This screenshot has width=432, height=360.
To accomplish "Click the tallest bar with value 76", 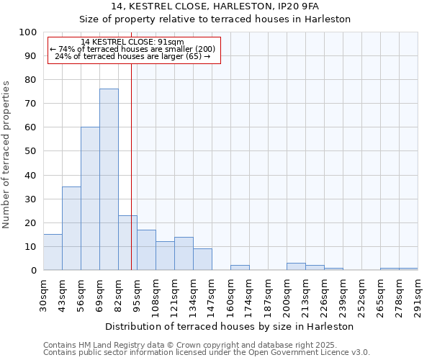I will (x=109, y=179).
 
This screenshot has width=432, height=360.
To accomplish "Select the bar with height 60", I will (x=90, y=199).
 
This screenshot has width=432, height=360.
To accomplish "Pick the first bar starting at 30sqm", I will (x=53, y=252).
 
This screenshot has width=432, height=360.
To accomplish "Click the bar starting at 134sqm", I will (x=202, y=259).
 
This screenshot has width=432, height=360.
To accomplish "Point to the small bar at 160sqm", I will (x=240, y=268).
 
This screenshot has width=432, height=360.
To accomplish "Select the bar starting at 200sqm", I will (x=296, y=266).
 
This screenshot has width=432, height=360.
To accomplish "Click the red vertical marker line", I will (x=131, y=166).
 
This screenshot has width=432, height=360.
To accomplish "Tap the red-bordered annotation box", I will (x=133, y=50).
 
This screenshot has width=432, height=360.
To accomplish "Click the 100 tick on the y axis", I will (x=28, y=32).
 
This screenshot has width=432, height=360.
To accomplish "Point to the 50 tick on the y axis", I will (x=30, y=151).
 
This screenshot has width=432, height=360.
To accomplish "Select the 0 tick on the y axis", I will (x=33, y=271).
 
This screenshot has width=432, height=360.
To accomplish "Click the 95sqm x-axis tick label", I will (x=138, y=294).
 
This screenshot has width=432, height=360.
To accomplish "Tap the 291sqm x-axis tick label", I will (x=418, y=294).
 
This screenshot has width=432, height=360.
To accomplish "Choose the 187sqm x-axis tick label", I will (x=269, y=294).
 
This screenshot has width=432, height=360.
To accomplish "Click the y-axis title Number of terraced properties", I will (x=7, y=154).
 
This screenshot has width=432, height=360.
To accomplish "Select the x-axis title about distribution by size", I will (x=230, y=326).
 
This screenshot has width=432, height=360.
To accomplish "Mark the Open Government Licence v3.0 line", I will (x=206, y=353).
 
